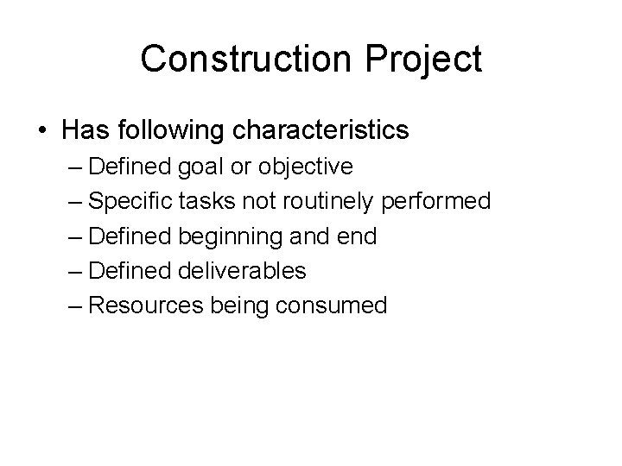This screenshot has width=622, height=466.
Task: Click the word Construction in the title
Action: pyautogui.click(x=245, y=59)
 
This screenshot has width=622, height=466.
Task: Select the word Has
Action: pyautogui.click(x=83, y=131)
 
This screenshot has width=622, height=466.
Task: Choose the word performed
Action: pyautogui.click(x=438, y=202)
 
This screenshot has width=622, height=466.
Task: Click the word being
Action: pyautogui.click(x=235, y=305)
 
